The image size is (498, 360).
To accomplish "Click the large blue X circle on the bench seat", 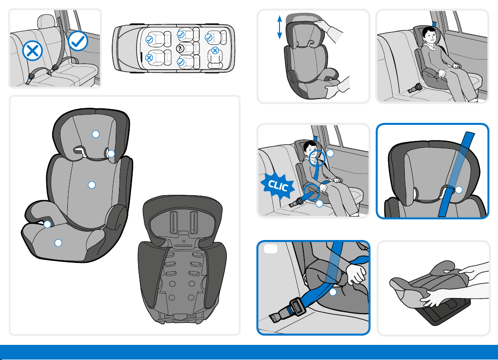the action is point(32,51).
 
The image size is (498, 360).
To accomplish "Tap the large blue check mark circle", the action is point(78,40).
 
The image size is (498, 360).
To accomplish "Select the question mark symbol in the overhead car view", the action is point(180,49).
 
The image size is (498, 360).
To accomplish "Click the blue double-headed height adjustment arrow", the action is point(279,28).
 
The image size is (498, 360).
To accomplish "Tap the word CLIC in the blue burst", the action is point(278,185).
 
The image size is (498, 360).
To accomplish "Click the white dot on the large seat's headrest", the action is point(96,134).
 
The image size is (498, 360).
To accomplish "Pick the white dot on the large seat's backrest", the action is point(92,185).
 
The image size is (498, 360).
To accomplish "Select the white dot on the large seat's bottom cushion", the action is point(58,243).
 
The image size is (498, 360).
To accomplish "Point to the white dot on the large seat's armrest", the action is point(47,224).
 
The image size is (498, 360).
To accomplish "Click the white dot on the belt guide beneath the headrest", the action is point(111,154).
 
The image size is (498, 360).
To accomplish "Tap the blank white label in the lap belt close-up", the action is point(271,249).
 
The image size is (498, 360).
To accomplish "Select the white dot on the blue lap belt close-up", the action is point(333,292).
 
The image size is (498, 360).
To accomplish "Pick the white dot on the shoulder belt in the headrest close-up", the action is point(458,190).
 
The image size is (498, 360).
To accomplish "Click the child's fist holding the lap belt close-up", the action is point(357,274).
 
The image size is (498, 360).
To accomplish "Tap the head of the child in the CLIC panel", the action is point(311,149).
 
